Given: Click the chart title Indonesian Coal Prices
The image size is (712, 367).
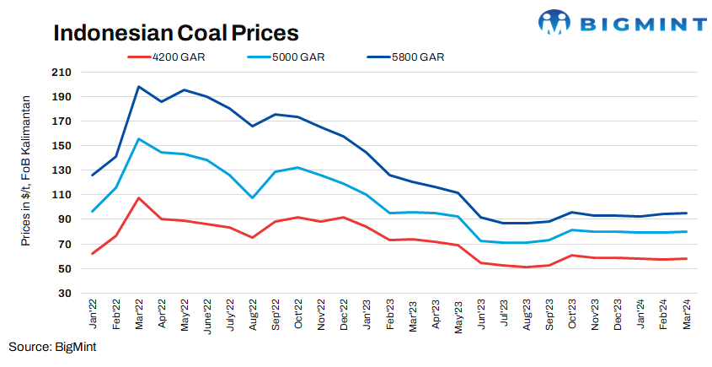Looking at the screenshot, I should pos(176,33).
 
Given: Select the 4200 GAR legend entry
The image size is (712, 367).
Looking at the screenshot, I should pos(176,57).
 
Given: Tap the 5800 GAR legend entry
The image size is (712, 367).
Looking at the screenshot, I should pos(417,57).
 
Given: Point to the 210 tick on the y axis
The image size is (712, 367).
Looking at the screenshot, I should pos(62,73).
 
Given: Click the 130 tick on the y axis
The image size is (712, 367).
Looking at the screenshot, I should pos(62,170).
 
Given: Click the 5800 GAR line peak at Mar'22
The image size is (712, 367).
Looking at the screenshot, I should pos(138,87).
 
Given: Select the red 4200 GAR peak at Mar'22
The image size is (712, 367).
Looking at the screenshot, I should pos(138,198).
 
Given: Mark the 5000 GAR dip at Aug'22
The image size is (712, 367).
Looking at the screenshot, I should pos(252,197).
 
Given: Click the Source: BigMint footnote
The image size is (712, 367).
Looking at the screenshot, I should pos(53,347).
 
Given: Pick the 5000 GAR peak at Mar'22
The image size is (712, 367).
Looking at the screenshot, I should pos(138,139).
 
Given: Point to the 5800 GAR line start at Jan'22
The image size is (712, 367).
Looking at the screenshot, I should pos(93,175).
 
